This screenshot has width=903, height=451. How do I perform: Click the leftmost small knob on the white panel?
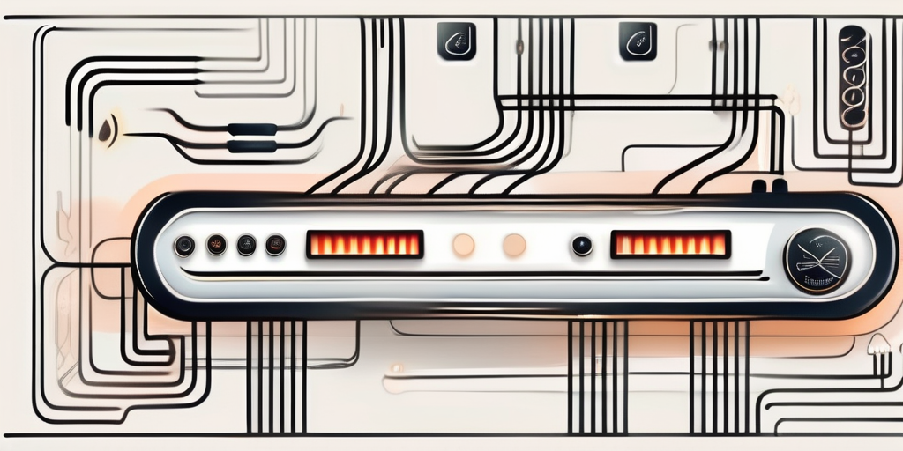coord(184,246)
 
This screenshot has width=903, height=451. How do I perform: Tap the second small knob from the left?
coord(215,245)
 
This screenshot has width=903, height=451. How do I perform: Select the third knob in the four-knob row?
coord(246,245)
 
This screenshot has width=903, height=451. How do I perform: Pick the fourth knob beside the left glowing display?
coord(275,245)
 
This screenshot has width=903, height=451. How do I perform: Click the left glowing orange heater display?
coord(364,244)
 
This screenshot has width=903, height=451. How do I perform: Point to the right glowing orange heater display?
coord(670,244)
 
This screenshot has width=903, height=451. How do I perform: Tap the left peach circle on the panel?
coord(463,245)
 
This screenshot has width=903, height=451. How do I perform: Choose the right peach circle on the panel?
coord(514,245)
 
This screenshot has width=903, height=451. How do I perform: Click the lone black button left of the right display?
coord(581,246)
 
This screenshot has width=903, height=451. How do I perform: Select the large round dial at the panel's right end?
coord(817,261)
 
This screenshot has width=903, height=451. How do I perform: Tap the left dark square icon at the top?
coord(457,41)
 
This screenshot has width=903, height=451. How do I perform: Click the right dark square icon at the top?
coord(638,41)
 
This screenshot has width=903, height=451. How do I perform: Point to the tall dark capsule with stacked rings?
coord(852,77)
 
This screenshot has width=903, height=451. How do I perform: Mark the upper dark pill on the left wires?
coord(251,129)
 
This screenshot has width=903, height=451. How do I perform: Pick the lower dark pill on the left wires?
coord(251,145)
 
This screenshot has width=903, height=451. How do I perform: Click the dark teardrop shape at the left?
coord(108,129)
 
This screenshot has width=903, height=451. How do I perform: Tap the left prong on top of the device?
coord(757,187)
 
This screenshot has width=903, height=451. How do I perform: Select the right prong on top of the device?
coord(780,187)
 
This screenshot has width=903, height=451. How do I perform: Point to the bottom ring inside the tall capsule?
coord(852,115)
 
